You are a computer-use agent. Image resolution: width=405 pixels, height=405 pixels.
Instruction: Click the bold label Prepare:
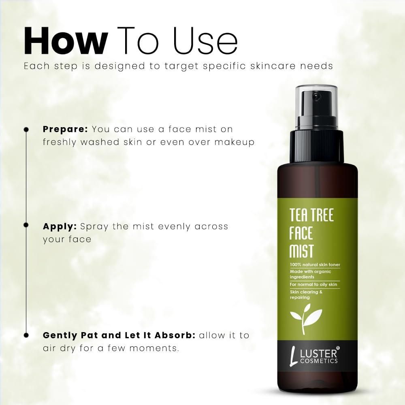click(x=65, y=130)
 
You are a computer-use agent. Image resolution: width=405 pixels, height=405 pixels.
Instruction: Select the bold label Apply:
click(x=60, y=226)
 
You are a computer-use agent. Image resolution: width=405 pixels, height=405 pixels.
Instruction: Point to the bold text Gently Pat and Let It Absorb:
click(x=119, y=336)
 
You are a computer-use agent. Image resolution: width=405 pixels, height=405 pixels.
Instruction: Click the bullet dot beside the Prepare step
click(x=26, y=130)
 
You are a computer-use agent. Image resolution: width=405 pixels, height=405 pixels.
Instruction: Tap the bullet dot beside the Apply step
click(x=26, y=224)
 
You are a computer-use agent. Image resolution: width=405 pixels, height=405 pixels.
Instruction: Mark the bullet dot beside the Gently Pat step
click(x=26, y=335)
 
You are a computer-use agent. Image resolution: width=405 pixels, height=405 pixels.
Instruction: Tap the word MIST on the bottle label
click(x=301, y=251)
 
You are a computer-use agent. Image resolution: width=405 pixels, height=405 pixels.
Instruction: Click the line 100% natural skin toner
click(x=315, y=265)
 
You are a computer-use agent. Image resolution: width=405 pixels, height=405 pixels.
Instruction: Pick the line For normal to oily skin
click(x=313, y=285)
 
